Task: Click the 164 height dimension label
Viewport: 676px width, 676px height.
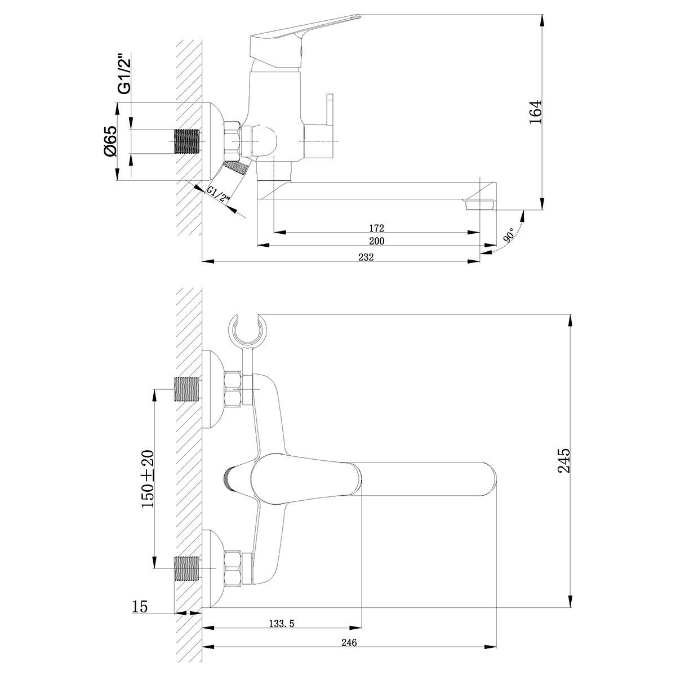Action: [535, 112]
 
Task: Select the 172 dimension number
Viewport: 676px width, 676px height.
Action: [377, 228]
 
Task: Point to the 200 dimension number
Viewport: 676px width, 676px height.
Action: [377, 241]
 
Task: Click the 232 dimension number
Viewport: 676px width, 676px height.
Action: [366, 257]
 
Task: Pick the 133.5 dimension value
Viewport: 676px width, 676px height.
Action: [282, 624]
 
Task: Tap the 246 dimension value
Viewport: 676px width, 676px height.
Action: [349, 642]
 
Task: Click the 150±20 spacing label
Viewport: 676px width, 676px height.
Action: [148, 479]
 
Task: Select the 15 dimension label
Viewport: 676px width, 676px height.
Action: [140, 607]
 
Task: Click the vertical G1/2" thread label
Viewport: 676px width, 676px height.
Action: [124, 74]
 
